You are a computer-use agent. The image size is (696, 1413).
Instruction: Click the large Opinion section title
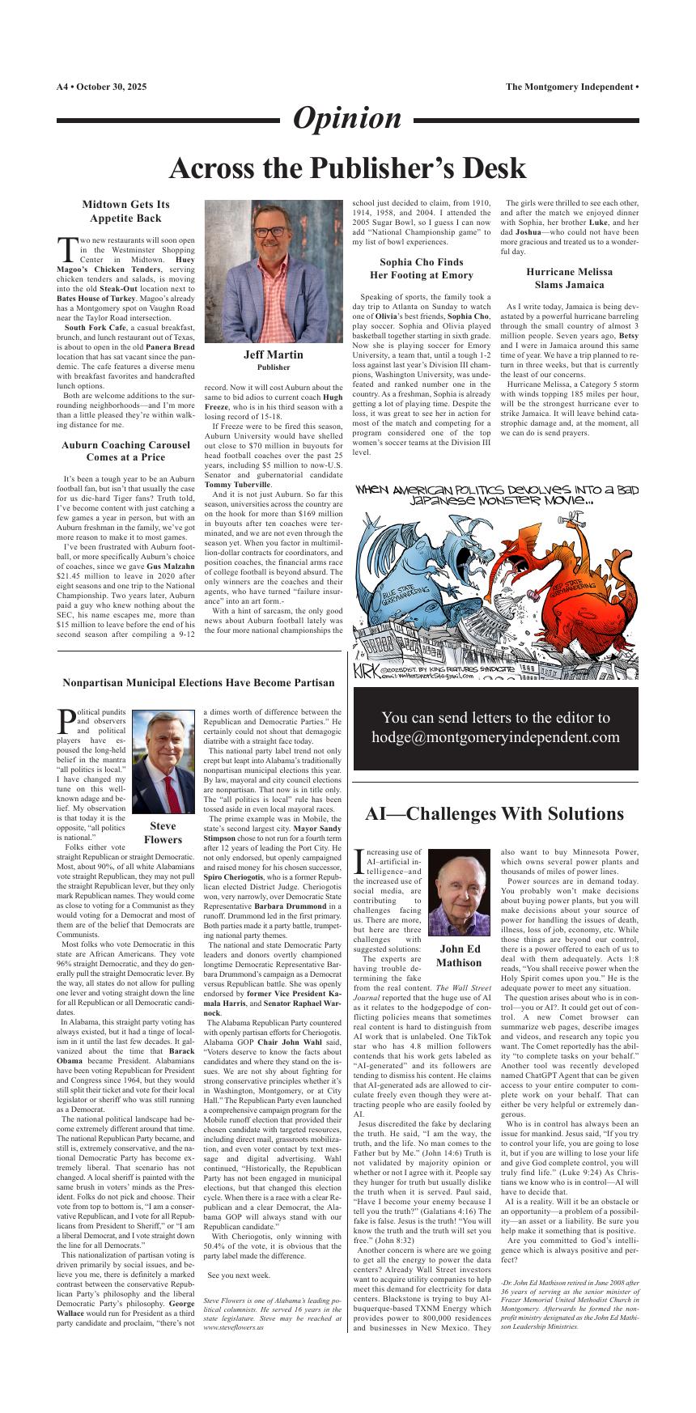(x=346, y=118)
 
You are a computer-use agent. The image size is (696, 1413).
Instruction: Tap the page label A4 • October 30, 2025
(x=101, y=87)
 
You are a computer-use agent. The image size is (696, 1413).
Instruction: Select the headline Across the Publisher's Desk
(x=347, y=168)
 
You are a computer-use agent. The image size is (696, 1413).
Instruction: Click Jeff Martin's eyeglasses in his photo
(x=274, y=231)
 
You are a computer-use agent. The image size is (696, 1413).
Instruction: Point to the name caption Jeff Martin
(x=274, y=354)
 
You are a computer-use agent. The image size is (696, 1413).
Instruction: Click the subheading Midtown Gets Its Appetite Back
(x=125, y=211)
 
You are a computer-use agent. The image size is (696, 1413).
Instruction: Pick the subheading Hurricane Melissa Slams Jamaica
(x=569, y=278)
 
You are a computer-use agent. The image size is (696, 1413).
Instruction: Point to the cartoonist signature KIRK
(x=366, y=670)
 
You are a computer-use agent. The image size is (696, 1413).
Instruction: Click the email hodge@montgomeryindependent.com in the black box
(x=495, y=737)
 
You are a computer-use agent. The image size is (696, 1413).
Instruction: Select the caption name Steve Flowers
(x=163, y=833)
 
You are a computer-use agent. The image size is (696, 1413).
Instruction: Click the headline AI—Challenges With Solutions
(x=494, y=813)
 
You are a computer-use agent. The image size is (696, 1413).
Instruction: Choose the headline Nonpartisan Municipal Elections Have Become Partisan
(x=198, y=682)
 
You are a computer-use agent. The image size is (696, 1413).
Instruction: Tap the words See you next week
(x=239, y=1275)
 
